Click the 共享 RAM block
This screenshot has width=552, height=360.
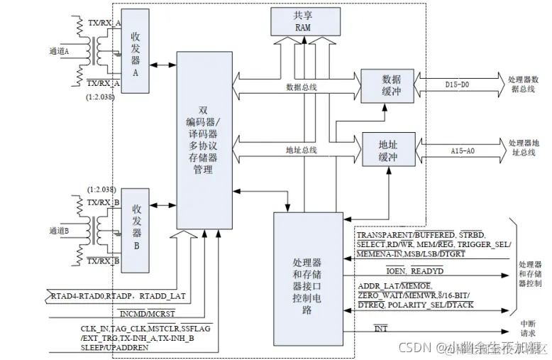pos(303,21)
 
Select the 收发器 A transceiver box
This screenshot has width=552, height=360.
pos(134,50)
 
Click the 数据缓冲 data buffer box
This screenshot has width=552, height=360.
pos(386,83)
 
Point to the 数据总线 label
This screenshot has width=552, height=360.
pos(301,87)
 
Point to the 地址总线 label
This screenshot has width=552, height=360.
pos(301,151)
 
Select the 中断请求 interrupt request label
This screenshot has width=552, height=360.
pos(528,330)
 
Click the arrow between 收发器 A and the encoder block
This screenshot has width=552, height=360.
pos(162,65)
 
